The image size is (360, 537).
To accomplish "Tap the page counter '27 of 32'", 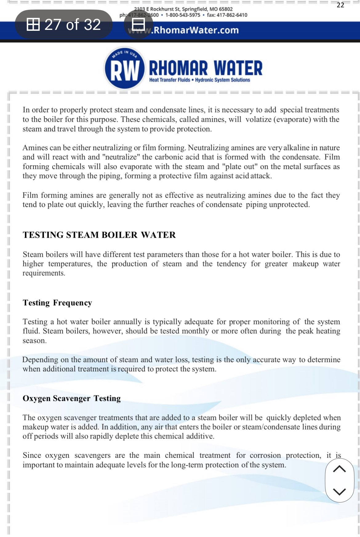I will [64, 24].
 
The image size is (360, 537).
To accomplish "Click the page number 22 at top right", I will [340, 5].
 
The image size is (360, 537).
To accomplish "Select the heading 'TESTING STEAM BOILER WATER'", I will [99, 235].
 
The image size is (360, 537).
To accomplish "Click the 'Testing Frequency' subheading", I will [57, 303].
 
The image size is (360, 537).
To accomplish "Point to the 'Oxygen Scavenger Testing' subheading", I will [72, 398].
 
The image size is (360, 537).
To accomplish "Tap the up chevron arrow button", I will [339, 469].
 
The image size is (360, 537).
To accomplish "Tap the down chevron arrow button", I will [339, 491].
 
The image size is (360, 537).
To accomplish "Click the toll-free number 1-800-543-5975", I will [183, 15].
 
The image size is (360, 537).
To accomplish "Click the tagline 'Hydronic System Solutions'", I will [222, 80].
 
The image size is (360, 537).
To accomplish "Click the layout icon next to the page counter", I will [138, 24].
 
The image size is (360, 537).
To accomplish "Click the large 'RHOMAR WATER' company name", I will [206, 68].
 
